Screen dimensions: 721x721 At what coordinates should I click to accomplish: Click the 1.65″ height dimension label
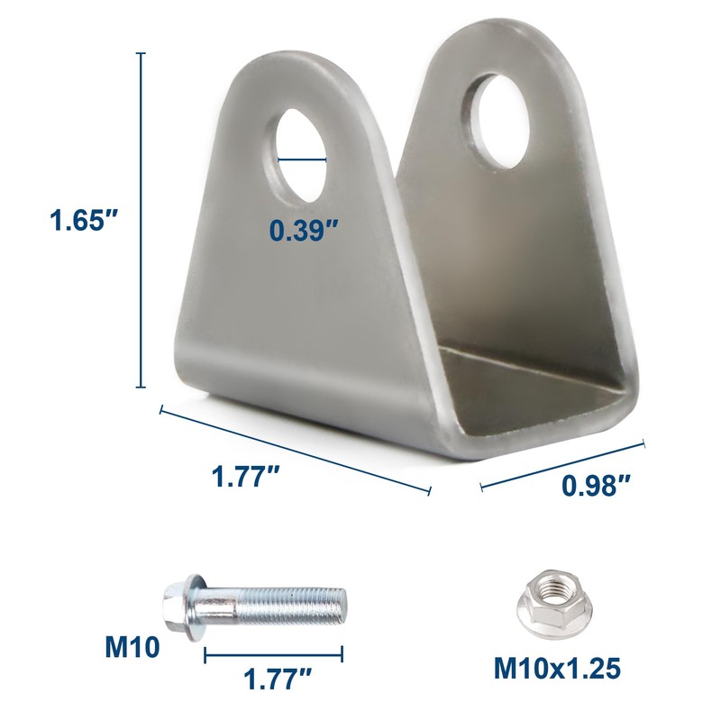click(85, 220)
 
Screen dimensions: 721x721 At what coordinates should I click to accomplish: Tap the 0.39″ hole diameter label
click(304, 231)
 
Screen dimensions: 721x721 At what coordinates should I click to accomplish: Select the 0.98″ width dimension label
click(596, 486)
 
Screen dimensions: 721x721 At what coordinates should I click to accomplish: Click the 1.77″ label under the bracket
click(245, 477)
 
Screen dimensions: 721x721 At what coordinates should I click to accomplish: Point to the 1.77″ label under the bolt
click(278, 679)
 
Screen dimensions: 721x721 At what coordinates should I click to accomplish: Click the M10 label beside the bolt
click(132, 647)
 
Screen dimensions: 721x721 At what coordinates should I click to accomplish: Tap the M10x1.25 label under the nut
click(557, 669)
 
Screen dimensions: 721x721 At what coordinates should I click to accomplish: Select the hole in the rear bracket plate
click(501, 121)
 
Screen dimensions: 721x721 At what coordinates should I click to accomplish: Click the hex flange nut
click(555, 604)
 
